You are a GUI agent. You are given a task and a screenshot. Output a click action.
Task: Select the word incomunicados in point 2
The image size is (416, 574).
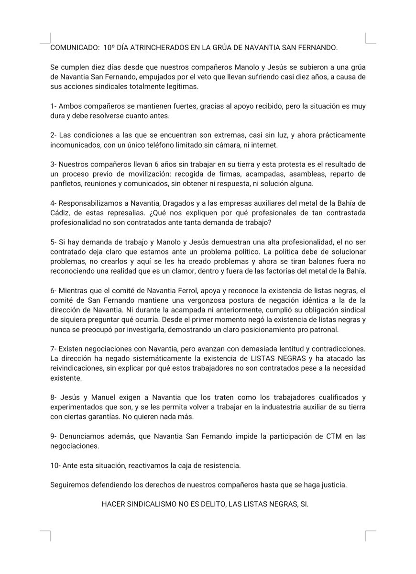(73, 145)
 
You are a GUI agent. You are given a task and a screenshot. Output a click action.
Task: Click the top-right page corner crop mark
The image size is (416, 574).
(370, 38)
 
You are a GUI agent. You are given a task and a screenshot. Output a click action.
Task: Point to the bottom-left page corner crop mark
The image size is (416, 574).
(45, 535)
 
